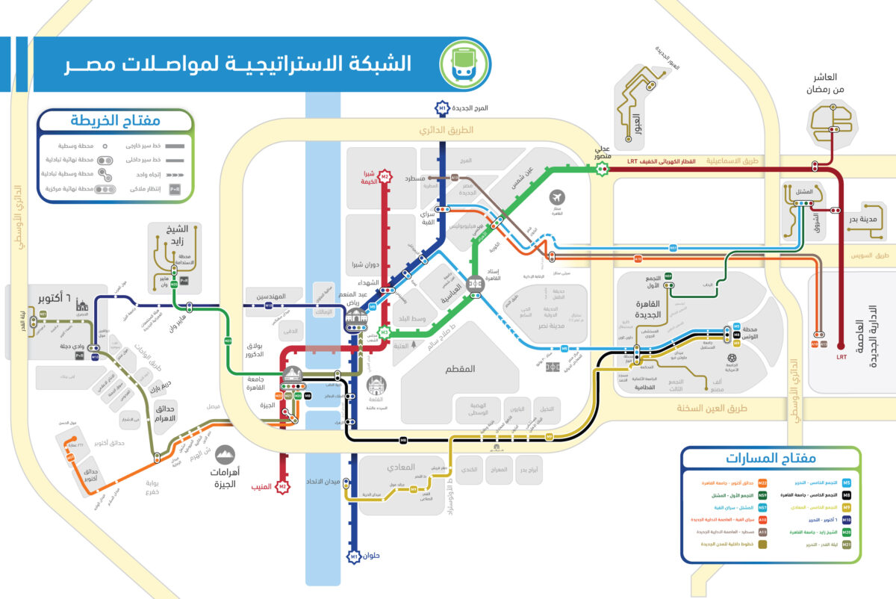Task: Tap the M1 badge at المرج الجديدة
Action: (x=443, y=109)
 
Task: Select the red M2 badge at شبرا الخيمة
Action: (x=385, y=177)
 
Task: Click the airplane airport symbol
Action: (x=556, y=197)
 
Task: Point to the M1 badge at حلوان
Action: (x=354, y=556)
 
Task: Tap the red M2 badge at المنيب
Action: (x=282, y=488)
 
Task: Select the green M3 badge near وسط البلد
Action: (x=384, y=332)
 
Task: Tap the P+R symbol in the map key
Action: (x=175, y=189)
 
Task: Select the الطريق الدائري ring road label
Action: (x=447, y=130)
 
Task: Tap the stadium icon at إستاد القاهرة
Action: (x=475, y=285)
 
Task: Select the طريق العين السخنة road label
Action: (x=712, y=409)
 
